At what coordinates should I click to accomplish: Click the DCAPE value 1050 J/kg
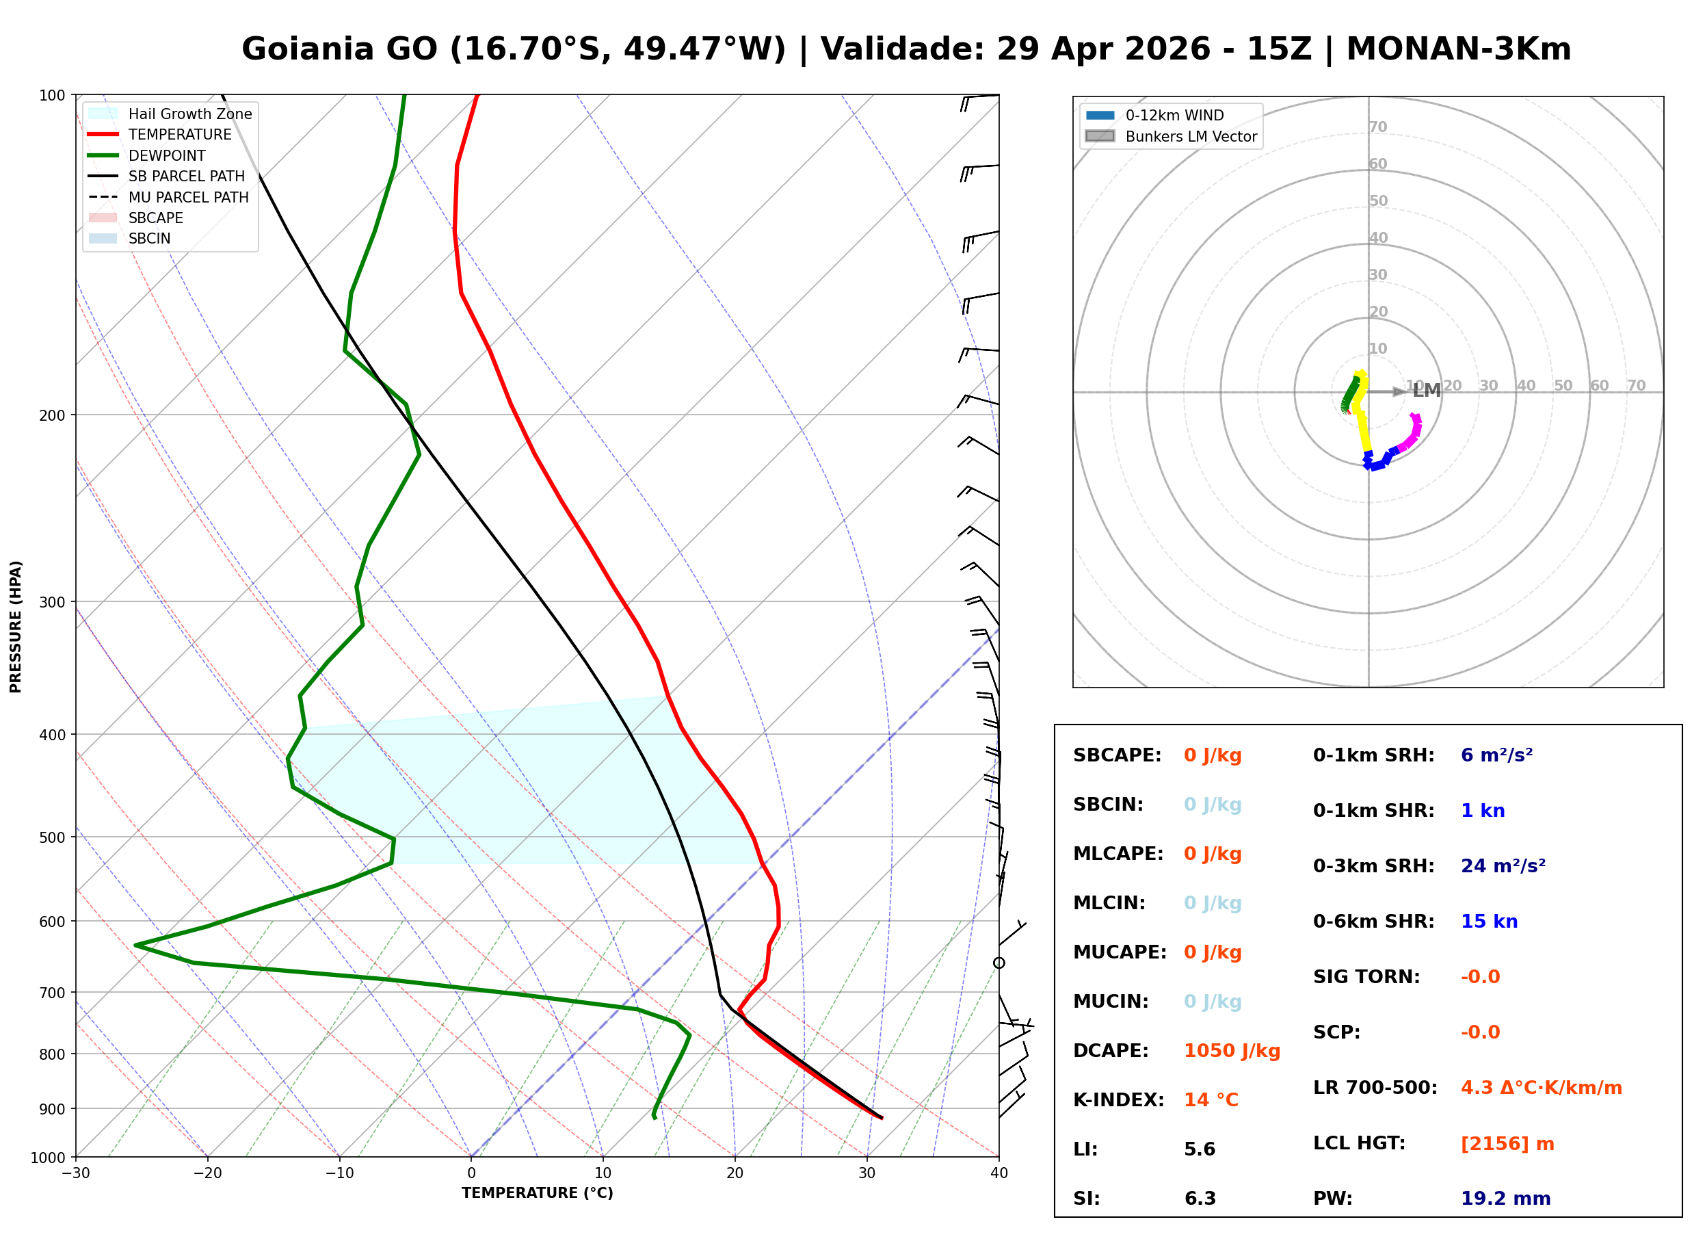1232,1051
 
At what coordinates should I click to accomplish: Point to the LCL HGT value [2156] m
1507,1144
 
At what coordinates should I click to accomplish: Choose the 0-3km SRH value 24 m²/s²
1503,866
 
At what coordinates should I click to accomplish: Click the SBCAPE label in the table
1116,755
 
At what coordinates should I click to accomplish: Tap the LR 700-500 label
1374,1088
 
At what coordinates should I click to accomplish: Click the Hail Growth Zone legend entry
189,114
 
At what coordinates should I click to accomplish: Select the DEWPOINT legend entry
167,155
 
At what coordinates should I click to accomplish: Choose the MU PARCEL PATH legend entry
188,197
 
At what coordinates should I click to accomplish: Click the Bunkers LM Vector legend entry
1190,136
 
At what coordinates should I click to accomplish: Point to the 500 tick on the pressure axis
52,837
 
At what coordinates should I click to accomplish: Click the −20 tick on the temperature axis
207,1173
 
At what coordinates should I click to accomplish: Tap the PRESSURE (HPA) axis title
16,626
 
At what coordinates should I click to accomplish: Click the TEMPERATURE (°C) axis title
537,1193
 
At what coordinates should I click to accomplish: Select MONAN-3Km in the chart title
1458,49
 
